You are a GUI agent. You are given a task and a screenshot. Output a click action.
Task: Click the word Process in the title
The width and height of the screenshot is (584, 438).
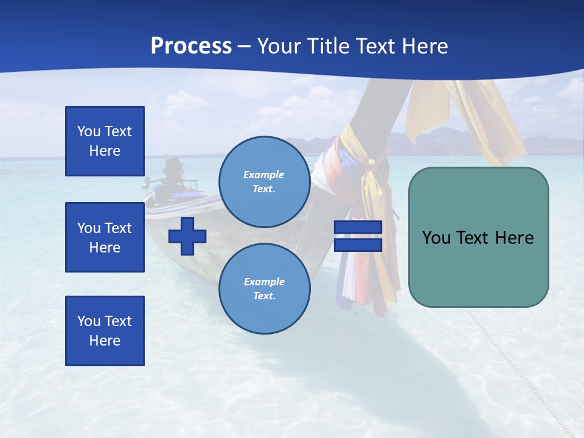pyautogui.click(x=191, y=46)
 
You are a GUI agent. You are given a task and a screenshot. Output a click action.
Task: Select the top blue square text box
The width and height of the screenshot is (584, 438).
pyautogui.click(x=105, y=141)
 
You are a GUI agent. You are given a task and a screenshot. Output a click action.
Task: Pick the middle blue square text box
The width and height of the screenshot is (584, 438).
pyautogui.click(x=105, y=237)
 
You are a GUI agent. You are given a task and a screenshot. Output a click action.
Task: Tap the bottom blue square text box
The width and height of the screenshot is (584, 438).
pyautogui.click(x=105, y=331)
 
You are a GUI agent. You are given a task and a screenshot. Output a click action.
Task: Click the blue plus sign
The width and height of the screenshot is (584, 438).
pyautogui.click(x=187, y=236)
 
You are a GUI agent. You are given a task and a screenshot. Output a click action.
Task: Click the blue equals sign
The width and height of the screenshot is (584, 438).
pyautogui.click(x=358, y=236)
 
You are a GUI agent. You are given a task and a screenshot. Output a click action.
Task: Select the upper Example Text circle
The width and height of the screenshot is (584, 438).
pyautogui.click(x=265, y=181)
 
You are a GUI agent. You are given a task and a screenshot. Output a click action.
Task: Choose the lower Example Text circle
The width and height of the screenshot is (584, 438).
pyautogui.click(x=265, y=288)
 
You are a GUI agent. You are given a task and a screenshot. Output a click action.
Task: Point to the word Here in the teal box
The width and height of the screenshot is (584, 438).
pyautogui.click(x=513, y=238)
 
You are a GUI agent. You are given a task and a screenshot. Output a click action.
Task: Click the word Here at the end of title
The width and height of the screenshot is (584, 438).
pyautogui.click(x=426, y=46)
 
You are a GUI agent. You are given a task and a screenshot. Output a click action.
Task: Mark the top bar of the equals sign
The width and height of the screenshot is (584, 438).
pyautogui.click(x=358, y=228)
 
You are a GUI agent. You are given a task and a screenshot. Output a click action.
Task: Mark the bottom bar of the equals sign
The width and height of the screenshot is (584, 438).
pyautogui.click(x=358, y=245)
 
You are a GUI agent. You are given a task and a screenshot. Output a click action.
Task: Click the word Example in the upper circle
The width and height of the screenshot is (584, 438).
pyautogui.click(x=264, y=175)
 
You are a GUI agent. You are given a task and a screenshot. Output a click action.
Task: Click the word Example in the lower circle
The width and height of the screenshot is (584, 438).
pyautogui.click(x=264, y=282)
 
